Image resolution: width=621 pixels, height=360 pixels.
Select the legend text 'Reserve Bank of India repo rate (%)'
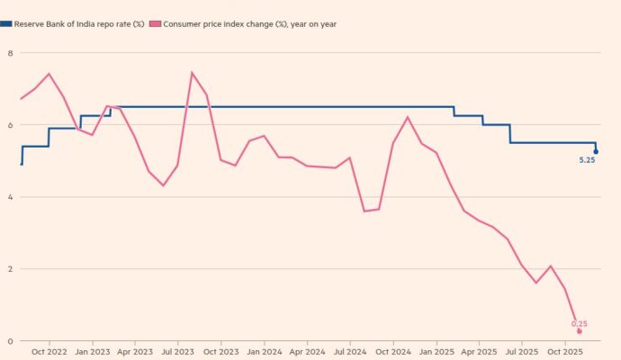79,24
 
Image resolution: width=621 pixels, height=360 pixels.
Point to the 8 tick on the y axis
11,53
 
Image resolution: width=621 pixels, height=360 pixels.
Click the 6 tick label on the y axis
11,125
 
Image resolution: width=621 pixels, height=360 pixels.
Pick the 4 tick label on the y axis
11,197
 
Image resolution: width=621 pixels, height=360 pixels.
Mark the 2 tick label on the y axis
11,269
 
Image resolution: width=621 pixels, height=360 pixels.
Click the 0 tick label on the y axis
11,341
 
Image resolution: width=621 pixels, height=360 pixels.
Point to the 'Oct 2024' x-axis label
393,353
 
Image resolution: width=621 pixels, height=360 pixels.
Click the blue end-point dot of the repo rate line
596,152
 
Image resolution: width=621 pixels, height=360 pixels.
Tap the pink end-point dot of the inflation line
580,331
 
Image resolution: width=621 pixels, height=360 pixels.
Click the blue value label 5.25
587,163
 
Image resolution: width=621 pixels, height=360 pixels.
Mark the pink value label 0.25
579,323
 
